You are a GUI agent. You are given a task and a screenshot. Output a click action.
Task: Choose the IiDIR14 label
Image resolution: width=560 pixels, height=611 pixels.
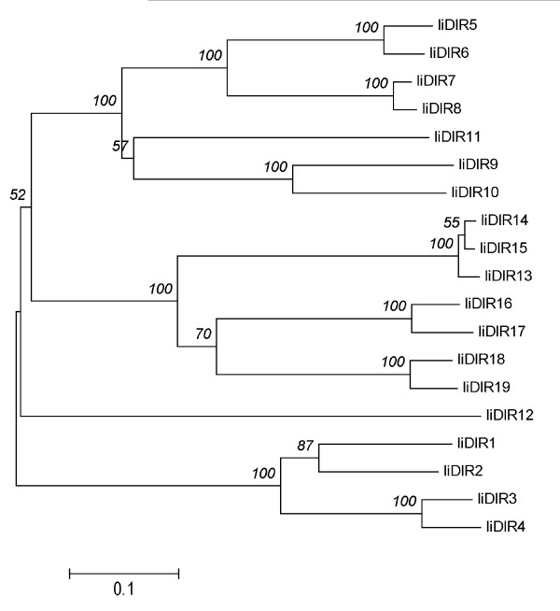[503, 221]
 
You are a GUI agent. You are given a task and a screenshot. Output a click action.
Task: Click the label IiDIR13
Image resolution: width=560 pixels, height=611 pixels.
[508, 276]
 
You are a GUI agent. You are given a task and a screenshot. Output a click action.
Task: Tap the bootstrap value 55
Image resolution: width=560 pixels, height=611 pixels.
[451, 222]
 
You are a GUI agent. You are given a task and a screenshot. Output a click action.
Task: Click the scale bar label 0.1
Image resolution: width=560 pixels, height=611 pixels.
[124, 590]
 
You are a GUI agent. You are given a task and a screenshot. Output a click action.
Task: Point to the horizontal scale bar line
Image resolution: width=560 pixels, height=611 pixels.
[124, 569]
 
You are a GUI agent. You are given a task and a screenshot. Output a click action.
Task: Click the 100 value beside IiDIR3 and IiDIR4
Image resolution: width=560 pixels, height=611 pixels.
[405, 503]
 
